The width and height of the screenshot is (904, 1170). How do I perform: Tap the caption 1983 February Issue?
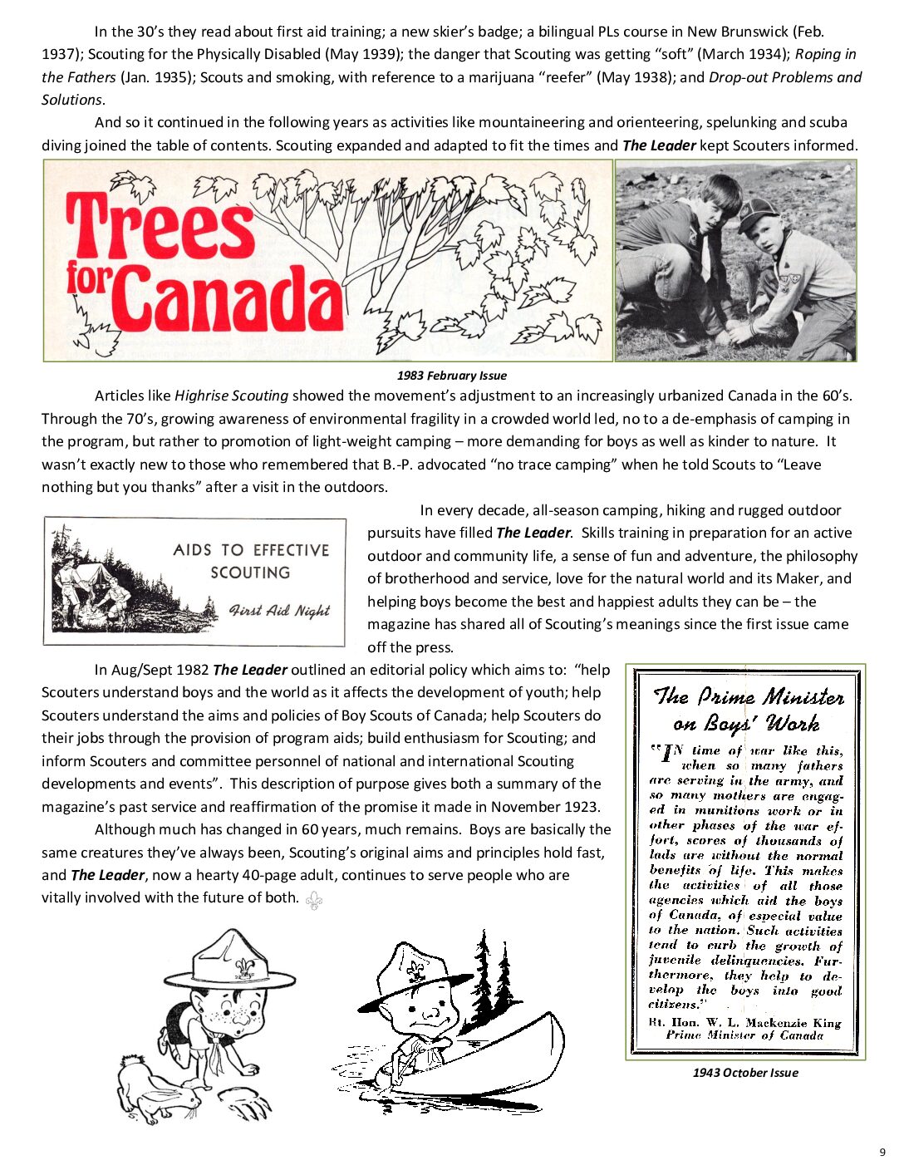451,376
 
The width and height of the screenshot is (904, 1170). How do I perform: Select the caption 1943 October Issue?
744,1073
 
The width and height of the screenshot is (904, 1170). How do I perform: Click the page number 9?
882,1152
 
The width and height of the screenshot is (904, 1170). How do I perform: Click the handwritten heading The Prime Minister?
748,696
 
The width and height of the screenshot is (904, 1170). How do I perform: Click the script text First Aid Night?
279,611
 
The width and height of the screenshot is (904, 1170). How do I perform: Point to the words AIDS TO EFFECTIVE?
251,550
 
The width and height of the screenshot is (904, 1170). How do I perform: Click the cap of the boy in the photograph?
759,214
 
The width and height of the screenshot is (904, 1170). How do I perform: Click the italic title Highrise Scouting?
231,396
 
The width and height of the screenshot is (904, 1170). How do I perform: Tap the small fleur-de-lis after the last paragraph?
314,900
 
